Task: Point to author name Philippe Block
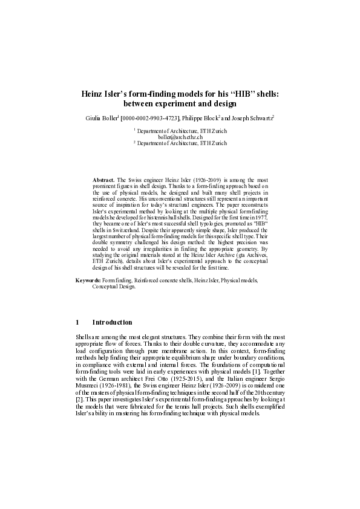click(x=202, y=117)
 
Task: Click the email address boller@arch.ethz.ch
click(x=180, y=137)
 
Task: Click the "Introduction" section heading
click(x=112, y=322)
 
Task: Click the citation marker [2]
click(x=79, y=400)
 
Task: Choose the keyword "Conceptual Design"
click(x=114, y=287)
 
